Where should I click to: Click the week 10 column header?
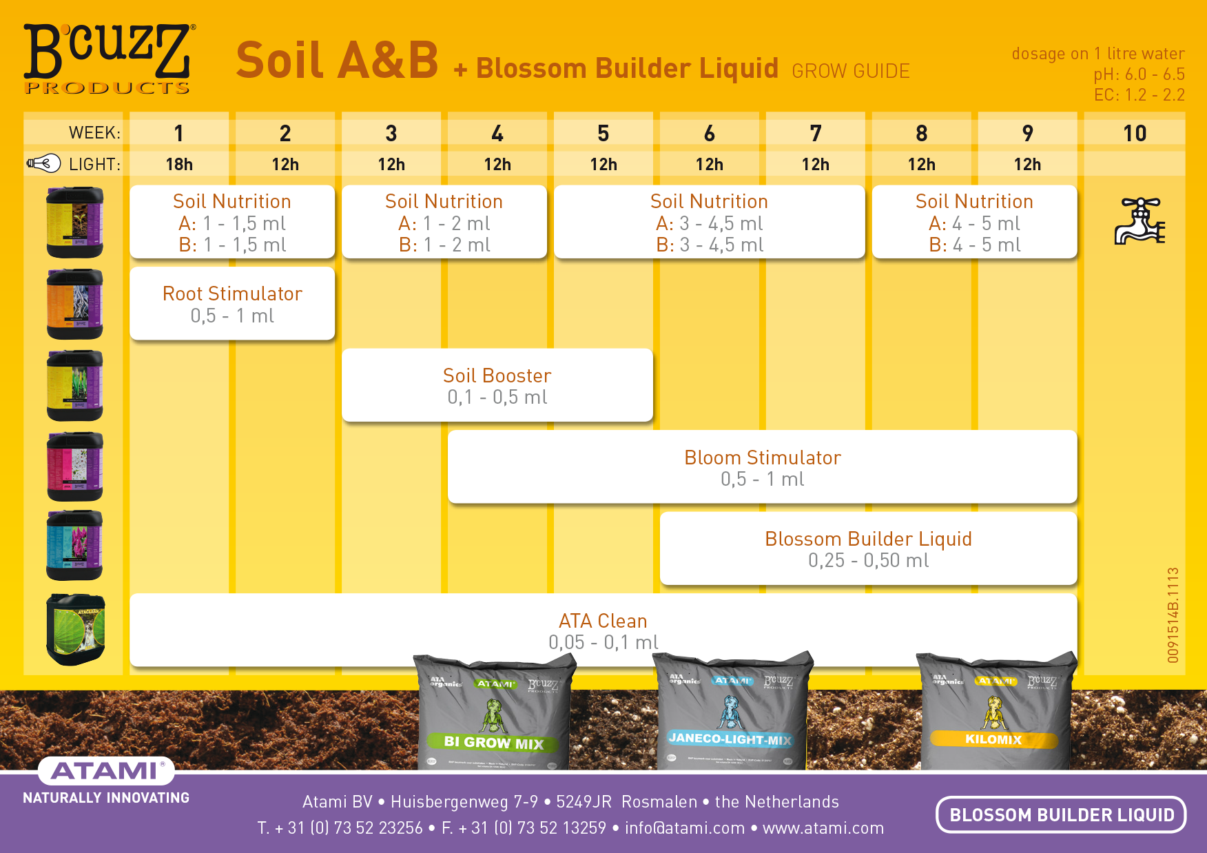pos(1135,133)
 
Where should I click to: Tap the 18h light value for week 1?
pos(179,165)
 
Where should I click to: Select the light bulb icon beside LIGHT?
pos(43,164)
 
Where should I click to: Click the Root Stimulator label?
pos(232,294)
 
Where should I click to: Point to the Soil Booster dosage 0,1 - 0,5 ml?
pos(497,398)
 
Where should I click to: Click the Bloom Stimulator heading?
pos(762,458)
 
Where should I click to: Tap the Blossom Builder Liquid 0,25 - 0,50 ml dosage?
pos(868,561)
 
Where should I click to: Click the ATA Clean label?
pos(603,621)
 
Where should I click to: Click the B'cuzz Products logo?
pos(109,59)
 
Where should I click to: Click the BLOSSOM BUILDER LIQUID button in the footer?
pos(1061,815)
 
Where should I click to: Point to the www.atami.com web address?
pos(823,828)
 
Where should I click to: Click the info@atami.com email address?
pos(684,828)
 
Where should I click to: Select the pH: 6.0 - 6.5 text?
pos(1139,74)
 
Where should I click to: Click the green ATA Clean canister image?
pos(75,630)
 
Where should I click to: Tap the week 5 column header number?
pos(603,133)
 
